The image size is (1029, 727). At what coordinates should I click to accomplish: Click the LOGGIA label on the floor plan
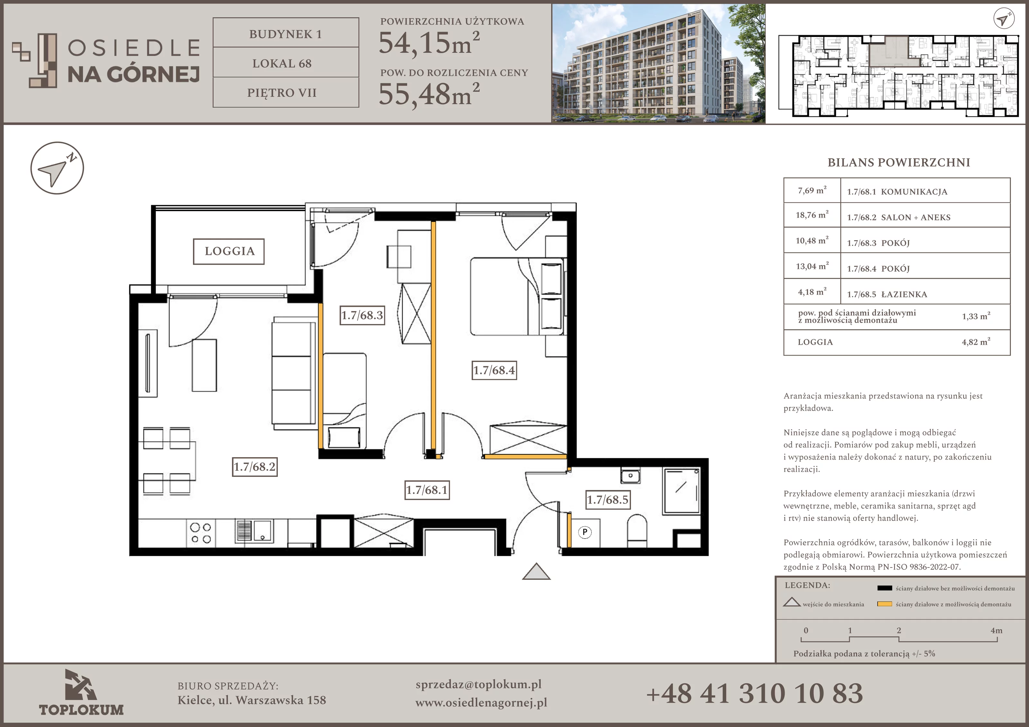pos(229,251)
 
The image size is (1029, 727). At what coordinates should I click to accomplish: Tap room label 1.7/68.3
pos(362,315)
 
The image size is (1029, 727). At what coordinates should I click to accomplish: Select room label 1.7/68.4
pos(494,370)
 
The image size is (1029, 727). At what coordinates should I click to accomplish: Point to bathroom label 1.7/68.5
pos(608,500)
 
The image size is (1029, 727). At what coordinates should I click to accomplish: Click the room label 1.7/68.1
pos(427,490)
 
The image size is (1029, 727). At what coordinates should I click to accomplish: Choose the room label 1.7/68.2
pos(255,467)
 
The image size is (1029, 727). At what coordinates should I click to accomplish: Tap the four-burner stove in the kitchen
pos(200,533)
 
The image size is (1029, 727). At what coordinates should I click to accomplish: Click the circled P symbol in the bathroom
pos(585,532)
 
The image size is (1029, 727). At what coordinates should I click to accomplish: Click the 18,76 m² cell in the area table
pos(812,215)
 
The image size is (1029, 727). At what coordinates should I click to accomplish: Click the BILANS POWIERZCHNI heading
pos(898,162)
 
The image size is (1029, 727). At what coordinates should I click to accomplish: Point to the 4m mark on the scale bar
pos(996,631)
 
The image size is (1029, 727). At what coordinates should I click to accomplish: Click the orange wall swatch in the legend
pos(885,604)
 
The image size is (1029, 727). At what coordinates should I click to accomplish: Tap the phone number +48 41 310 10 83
pos(754,693)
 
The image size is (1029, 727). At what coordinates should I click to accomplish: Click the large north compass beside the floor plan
pos(57,168)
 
